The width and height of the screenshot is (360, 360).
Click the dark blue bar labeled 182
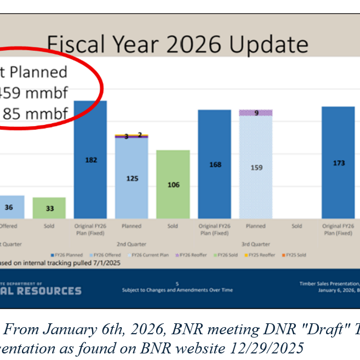(90, 160)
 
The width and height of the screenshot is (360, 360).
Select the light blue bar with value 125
(131, 179)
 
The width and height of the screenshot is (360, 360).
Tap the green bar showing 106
(173, 185)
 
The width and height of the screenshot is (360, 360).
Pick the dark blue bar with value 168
(214, 164)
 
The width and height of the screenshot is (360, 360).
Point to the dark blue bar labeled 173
(338, 163)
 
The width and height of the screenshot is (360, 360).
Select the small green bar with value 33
(49, 208)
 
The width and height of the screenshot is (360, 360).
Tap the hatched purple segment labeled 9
(255, 113)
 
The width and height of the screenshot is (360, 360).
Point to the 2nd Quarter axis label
(132, 244)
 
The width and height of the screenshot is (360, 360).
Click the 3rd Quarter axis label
(255, 244)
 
